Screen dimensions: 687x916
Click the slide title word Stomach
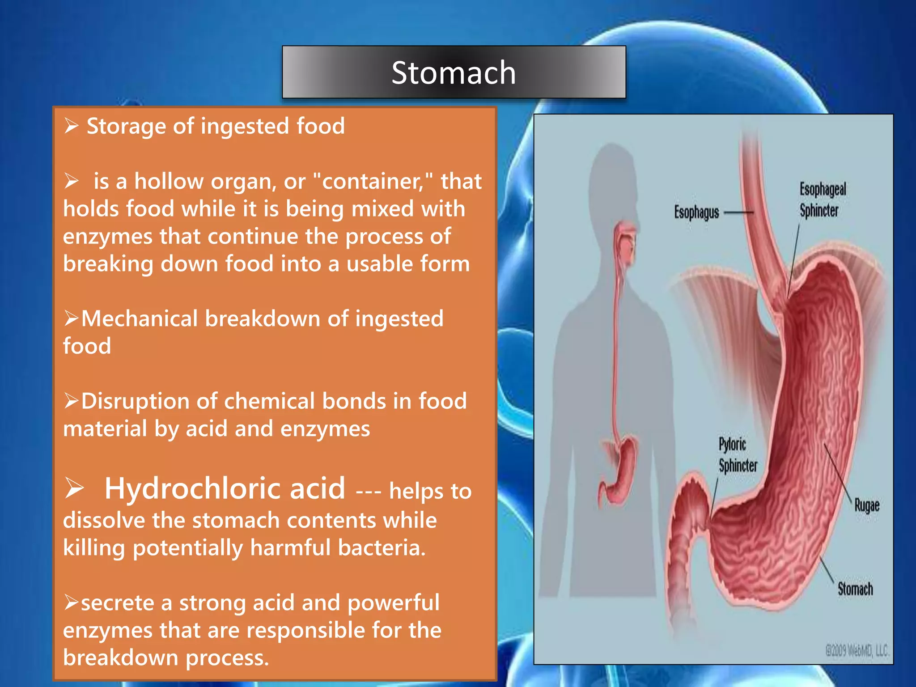tap(454, 72)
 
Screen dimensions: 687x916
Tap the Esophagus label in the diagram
tap(696, 212)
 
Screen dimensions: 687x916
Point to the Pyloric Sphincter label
tap(737, 455)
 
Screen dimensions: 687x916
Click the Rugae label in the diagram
tap(866, 505)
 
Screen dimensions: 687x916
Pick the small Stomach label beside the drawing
tap(855, 589)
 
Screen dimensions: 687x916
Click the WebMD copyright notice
tap(857, 650)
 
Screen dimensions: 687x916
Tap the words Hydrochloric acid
tap(225, 488)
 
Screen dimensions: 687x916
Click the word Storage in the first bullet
tap(126, 126)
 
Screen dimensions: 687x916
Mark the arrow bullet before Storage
tap(71, 126)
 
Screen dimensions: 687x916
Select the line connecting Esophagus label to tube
tap(738, 213)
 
